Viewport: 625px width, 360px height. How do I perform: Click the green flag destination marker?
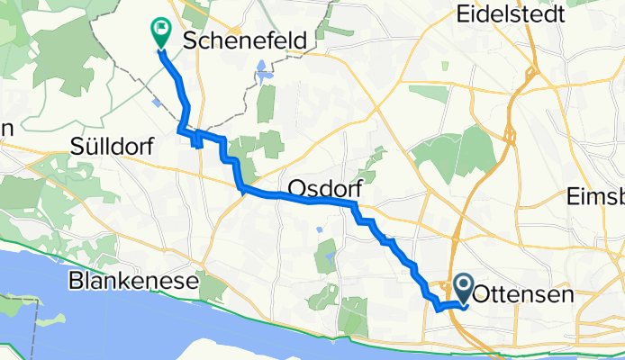coord(160,32)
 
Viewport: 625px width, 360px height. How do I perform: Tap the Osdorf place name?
coord(319,189)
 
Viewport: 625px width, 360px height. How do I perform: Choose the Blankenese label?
coord(133,283)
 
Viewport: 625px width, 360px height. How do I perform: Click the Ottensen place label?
coord(523,293)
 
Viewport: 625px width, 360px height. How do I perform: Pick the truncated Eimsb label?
coord(596,198)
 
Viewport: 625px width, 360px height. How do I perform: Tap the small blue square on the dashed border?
coord(159,103)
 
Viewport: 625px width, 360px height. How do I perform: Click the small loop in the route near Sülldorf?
coord(196,138)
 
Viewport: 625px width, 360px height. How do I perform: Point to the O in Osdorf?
coord(296,189)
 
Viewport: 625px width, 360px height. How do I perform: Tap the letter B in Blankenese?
coord(76,283)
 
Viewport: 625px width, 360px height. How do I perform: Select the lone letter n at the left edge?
coord(5,129)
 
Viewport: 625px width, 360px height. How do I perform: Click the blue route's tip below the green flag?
coord(161,49)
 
